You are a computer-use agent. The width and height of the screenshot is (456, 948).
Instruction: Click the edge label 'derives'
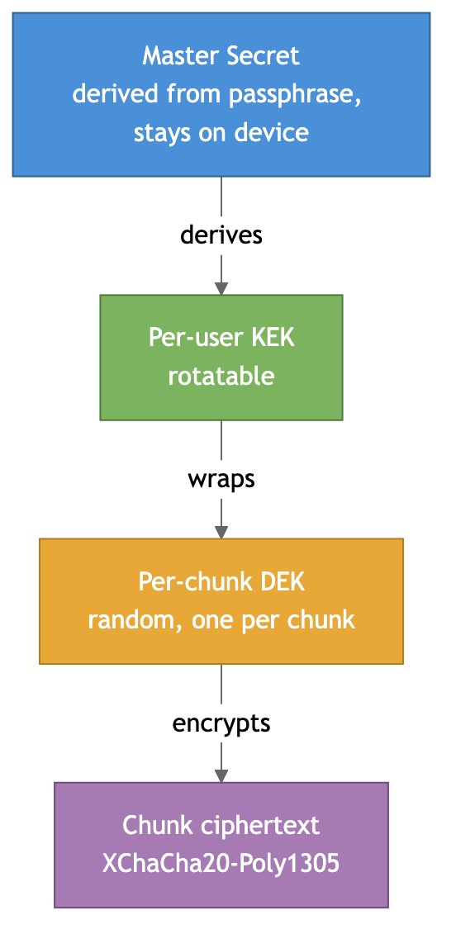tap(221, 235)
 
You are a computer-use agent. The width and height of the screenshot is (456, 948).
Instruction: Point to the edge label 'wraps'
tap(221, 479)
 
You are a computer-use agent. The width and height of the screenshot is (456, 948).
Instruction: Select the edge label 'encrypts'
tap(221, 723)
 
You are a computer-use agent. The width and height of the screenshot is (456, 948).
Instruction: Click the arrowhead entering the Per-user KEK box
tap(221, 288)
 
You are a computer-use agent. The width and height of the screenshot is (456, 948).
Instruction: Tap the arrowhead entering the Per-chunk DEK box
tap(221, 532)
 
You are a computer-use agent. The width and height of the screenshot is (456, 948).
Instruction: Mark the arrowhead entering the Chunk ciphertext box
tap(221, 775)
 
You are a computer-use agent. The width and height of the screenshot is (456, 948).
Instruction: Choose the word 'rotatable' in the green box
tap(221, 376)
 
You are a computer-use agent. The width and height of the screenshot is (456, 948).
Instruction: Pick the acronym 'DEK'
tap(282, 581)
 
